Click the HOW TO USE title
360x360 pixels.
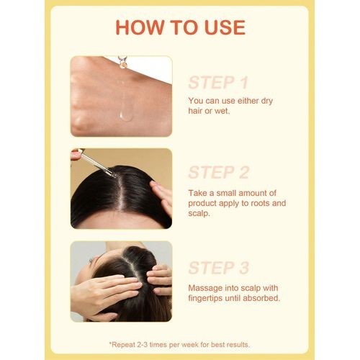[180, 27]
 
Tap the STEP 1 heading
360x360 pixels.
[218, 81]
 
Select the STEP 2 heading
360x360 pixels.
[219, 173]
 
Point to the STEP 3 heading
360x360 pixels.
[219, 268]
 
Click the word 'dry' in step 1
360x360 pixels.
[285, 101]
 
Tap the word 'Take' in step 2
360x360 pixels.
[199, 192]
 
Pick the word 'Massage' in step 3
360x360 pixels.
[208, 287]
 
